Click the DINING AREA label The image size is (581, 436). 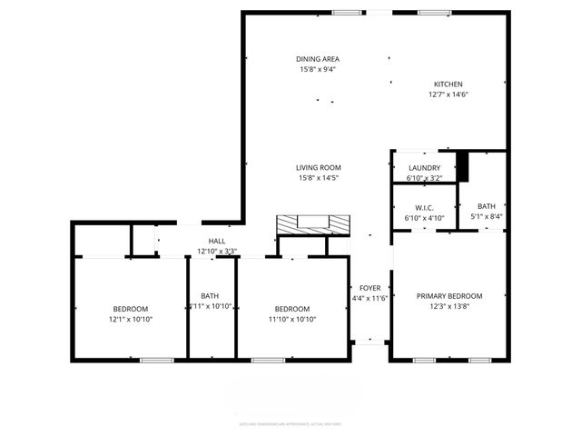(x=318, y=59)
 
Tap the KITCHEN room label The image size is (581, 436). (x=448, y=84)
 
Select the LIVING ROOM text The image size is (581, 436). (x=318, y=167)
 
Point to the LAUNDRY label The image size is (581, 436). (x=424, y=168)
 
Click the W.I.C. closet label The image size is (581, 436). (x=424, y=206)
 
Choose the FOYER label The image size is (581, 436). (x=369, y=288)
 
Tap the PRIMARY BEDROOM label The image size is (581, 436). (x=449, y=296)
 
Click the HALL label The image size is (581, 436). (x=218, y=241)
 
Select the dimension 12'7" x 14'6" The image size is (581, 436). (x=448, y=94)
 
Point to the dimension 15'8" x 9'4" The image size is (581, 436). (x=318, y=70)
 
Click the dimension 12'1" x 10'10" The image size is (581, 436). (x=130, y=320)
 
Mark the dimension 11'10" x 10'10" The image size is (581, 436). (x=292, y=320)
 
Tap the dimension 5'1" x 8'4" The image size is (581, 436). (x=487, y=217)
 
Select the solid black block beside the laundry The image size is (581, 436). (x=462, y=166)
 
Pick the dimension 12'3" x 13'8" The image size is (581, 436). (x=449, y=307)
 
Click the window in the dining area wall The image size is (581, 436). (x=345, y=12)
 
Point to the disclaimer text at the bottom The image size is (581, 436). (x=290, y=423)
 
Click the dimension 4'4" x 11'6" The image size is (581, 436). (x=369, y=299)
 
